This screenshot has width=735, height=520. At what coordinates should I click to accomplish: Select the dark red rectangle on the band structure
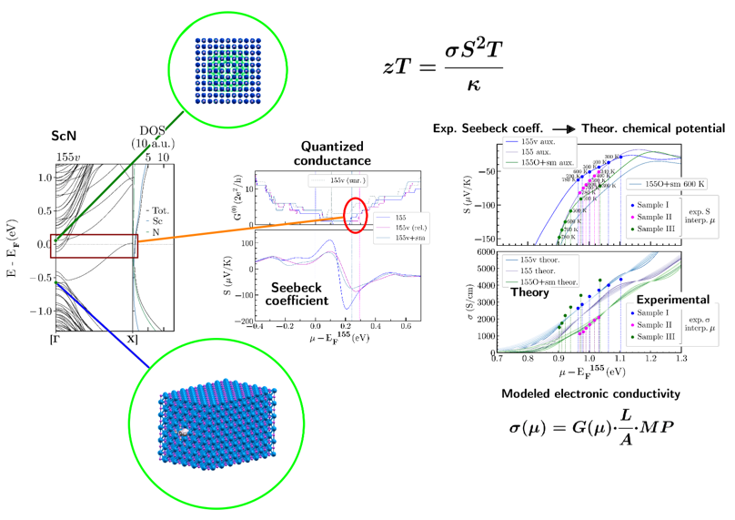94,246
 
